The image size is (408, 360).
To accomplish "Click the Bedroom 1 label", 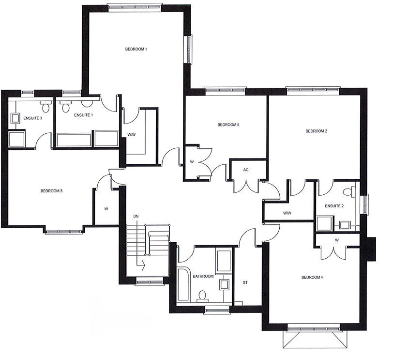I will click(136, 49).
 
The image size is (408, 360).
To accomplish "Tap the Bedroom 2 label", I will click(317, 131).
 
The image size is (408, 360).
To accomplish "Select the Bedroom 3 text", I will click(52, 191).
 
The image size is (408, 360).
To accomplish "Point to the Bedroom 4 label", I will click(312, 278).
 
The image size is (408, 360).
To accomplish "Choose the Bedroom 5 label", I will click(228, 125).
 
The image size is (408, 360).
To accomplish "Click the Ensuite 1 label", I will click(84, 115).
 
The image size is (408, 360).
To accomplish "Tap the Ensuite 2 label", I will click(334, 206).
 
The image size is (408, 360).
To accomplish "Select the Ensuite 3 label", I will click(32, 118).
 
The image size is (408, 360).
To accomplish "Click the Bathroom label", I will click(203, 276).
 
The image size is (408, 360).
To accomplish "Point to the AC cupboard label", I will click(246, 170).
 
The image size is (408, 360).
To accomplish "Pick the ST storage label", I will click(245, 282).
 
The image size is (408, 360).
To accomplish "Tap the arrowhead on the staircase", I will click(143, 265).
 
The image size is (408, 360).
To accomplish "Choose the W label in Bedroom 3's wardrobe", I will click(106, 209).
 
